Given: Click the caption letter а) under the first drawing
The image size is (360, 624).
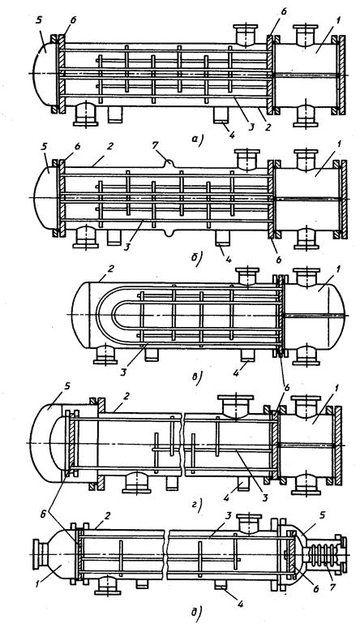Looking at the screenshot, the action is coord(198,140).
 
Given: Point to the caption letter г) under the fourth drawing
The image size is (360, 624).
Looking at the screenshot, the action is coord(198,504).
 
